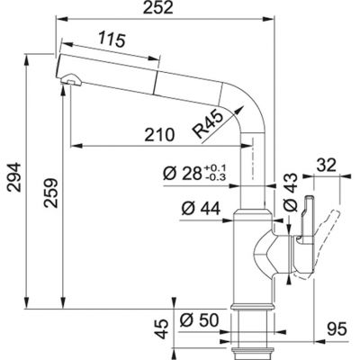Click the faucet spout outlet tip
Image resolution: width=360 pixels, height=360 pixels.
64,84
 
